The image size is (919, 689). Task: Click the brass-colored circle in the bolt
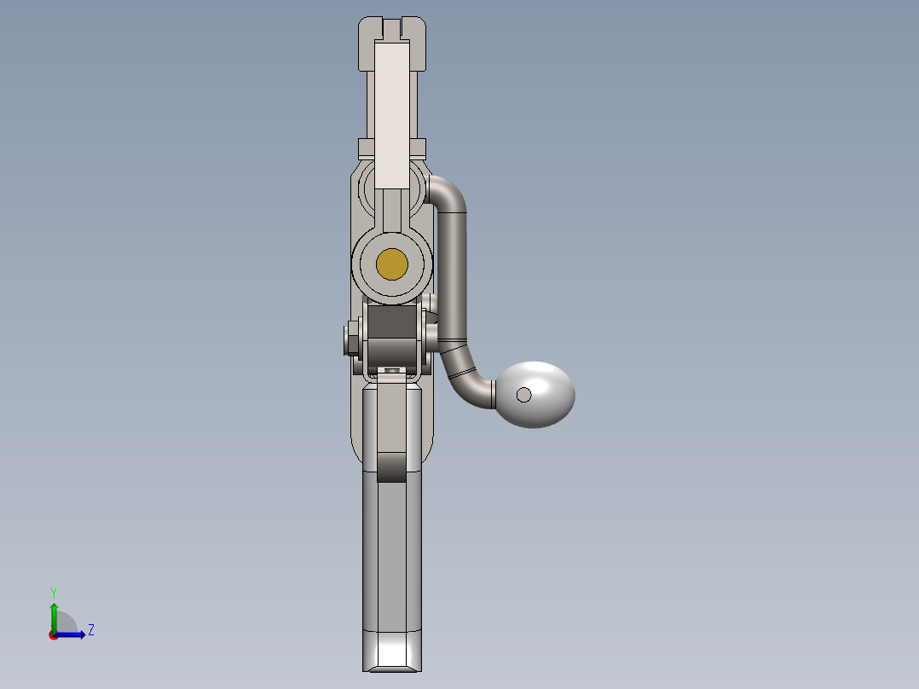point(391,264)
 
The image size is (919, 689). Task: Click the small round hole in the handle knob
point(524,394)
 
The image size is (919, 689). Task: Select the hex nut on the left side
point(350,339)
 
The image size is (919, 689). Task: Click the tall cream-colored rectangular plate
point(392,115)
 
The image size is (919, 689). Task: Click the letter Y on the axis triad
point(53,592)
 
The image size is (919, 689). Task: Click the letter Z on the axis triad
point(90,630)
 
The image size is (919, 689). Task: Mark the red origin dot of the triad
point(53,635)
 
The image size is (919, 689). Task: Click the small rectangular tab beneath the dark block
point(392,370)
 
